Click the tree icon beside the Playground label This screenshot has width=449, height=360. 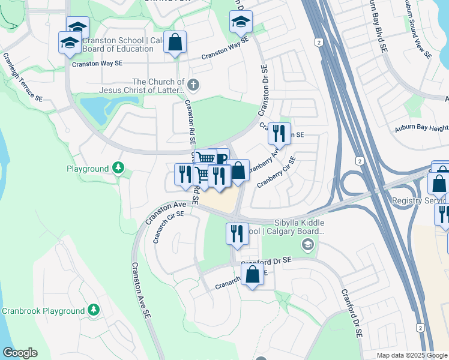(119, 169)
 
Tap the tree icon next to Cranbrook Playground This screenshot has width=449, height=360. (93, 310)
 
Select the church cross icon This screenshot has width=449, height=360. (192, 83)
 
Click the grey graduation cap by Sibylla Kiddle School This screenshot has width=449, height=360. (307, 244)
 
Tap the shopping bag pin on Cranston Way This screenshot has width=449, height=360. (175, 43)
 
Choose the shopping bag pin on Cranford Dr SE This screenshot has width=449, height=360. (253, 275)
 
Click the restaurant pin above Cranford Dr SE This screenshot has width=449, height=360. (237, 233)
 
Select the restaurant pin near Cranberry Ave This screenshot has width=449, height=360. (279, 134)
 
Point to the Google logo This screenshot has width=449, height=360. (20, 353)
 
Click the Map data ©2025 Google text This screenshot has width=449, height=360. (412, 355)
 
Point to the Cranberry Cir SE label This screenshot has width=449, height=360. (277, 173)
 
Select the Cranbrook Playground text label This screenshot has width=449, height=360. (43, 311)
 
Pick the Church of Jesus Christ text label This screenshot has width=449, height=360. (158, 86)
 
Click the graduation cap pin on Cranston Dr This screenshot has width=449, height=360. (241, 22)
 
